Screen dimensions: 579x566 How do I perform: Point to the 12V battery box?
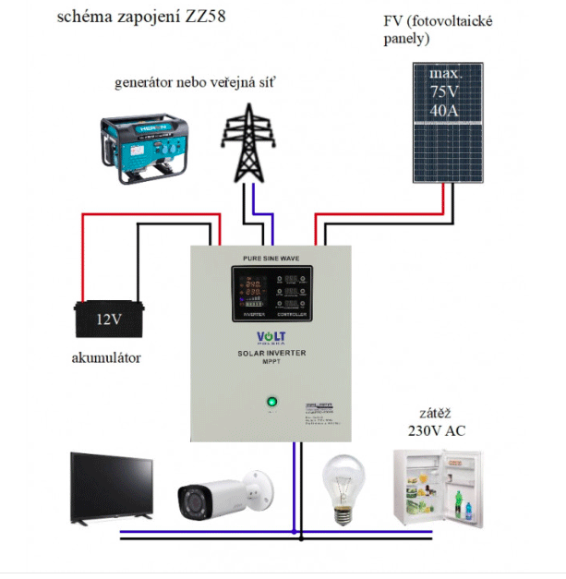[107, 320]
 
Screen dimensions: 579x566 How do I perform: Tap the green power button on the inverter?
[271, 403]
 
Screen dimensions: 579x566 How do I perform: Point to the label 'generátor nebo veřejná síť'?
[194, 83]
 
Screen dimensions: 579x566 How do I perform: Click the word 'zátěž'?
[433, 413]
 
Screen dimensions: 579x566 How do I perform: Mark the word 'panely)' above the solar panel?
[409, 40]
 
